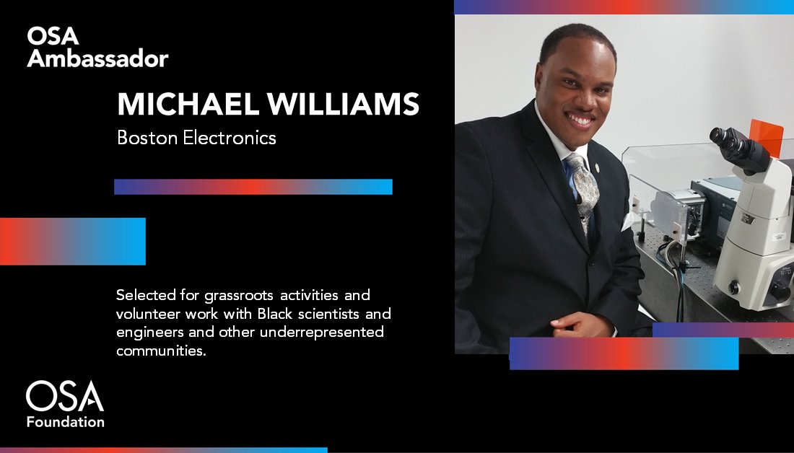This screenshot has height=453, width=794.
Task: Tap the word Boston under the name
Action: point(144,138)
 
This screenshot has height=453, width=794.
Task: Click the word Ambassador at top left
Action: point(97,58)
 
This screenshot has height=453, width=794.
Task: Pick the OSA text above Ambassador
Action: point(53,36)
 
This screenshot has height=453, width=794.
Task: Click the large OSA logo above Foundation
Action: point(65,397)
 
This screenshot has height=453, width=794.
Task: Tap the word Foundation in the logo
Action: point(66,421)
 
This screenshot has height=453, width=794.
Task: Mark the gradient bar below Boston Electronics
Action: point(253,187)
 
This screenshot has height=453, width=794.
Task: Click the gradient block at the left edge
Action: point(72,241)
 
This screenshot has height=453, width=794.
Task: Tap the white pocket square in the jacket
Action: point(627,224)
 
